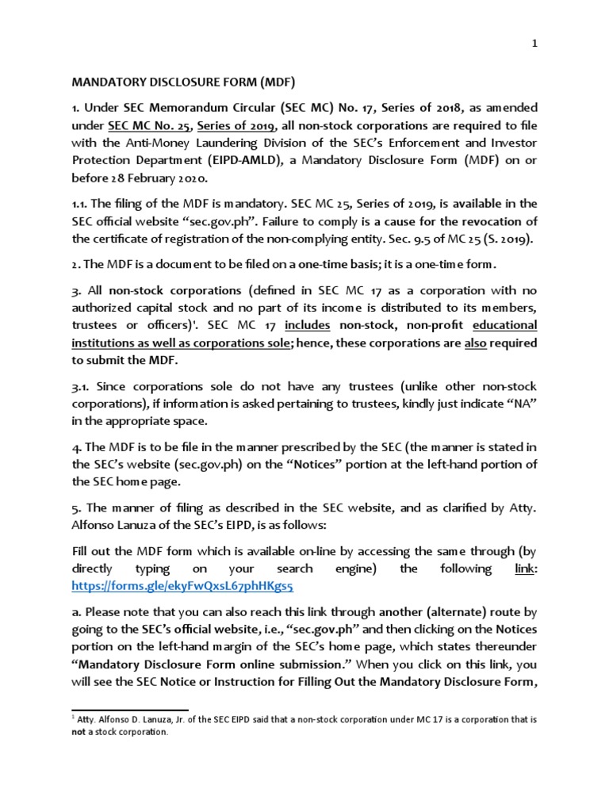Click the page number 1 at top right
pos(535,46)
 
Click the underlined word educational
pos(504,325)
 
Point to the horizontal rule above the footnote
pos(130,710)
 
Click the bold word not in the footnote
pos(79,733)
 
